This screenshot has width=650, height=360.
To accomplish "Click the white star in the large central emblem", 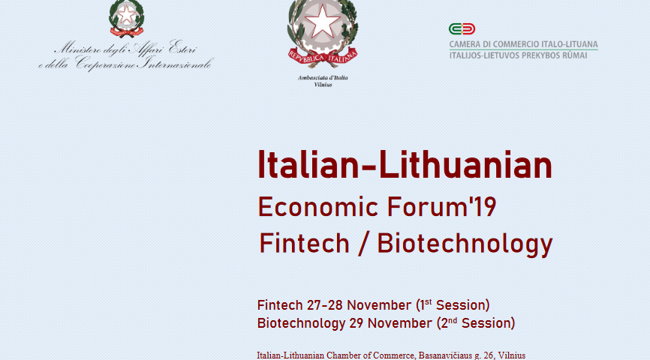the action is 322,21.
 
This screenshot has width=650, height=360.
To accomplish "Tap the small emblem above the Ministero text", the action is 126,18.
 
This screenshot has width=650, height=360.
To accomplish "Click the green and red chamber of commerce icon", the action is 462,29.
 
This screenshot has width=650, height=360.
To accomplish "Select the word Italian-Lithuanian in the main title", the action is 405,165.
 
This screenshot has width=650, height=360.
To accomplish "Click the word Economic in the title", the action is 318,207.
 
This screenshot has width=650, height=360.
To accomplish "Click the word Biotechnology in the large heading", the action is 465,244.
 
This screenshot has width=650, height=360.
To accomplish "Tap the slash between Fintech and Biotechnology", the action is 363,244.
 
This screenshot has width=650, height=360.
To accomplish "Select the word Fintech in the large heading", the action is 304,243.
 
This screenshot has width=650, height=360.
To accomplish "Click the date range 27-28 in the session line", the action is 324,305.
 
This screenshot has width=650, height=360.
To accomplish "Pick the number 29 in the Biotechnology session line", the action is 356,323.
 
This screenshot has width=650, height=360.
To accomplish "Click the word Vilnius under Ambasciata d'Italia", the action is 323,85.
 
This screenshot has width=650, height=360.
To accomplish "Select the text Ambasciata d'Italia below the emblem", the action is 323,77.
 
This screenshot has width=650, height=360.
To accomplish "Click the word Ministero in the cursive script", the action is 77,49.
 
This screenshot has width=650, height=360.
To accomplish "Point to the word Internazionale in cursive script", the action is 176,64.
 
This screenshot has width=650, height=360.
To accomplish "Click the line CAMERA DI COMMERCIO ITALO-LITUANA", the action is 524,44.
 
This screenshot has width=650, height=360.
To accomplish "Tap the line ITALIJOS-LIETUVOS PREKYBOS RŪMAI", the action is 518,55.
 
